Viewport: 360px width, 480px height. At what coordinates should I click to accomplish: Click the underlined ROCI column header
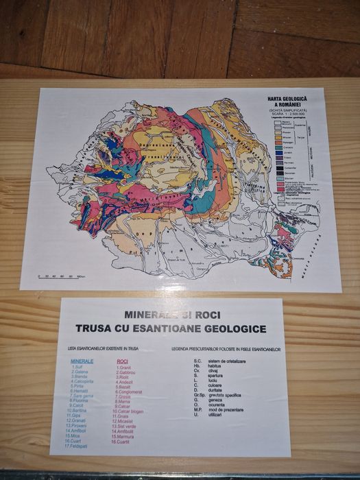[123, 361]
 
